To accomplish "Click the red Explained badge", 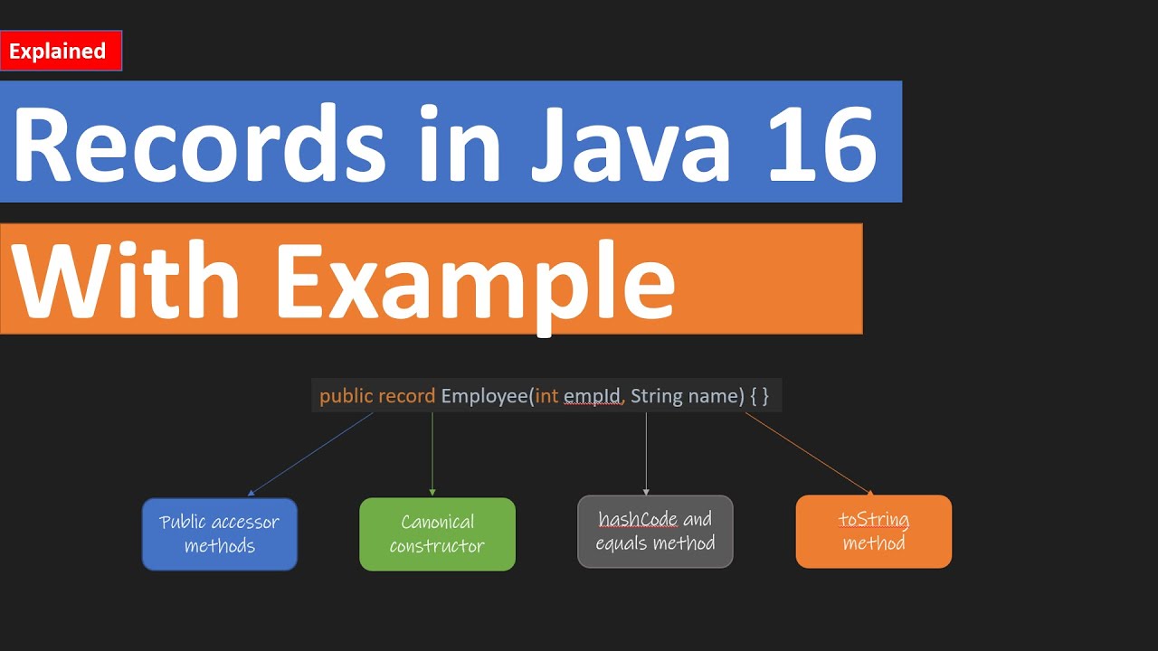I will point(61,52).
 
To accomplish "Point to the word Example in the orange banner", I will point(476,282).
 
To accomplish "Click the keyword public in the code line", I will point(346,396).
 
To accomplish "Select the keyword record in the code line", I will point(406,396).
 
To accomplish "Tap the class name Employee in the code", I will point(484,396).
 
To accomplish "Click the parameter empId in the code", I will point(593,396).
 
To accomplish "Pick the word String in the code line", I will point(657,396).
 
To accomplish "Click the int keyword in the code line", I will point(546,396).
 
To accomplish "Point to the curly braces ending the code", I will point(758,396).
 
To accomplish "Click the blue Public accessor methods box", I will point(220,534).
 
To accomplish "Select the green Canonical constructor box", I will point(437,534).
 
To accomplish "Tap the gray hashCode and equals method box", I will point(655,532).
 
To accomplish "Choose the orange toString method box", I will point(873,532).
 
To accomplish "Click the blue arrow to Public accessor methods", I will point(310,454).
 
